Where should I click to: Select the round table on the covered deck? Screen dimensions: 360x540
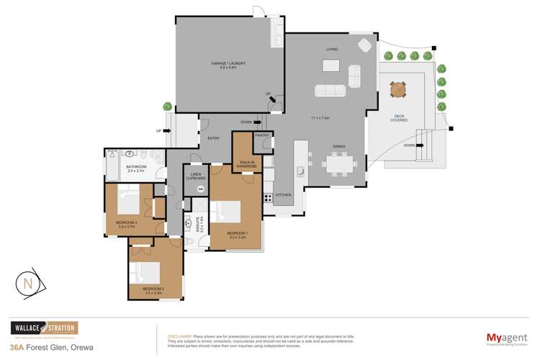398,90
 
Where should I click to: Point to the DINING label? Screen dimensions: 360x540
339,147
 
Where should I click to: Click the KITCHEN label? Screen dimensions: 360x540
283,195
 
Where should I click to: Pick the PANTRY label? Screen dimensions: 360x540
261,135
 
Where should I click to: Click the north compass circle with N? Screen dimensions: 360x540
28,284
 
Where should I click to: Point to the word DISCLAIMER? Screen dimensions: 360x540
178,336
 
